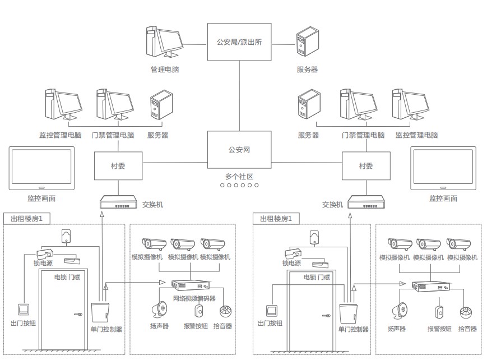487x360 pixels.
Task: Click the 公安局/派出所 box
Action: [239, 41]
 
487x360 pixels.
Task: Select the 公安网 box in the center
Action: [239, 150]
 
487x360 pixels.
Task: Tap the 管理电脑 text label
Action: [165, 70]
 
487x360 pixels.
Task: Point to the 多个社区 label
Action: [239, 177]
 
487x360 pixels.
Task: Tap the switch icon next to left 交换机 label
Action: [118, 202]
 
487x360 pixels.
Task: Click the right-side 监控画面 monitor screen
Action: [443, 167]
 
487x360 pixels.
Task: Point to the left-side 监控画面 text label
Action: [41, 198]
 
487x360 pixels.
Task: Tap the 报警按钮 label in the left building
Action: [196, 326]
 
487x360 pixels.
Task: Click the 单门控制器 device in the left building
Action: [100, 312]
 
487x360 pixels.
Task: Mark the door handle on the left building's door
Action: [77, 314]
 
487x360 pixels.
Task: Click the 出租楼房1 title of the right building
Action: [276, 218]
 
